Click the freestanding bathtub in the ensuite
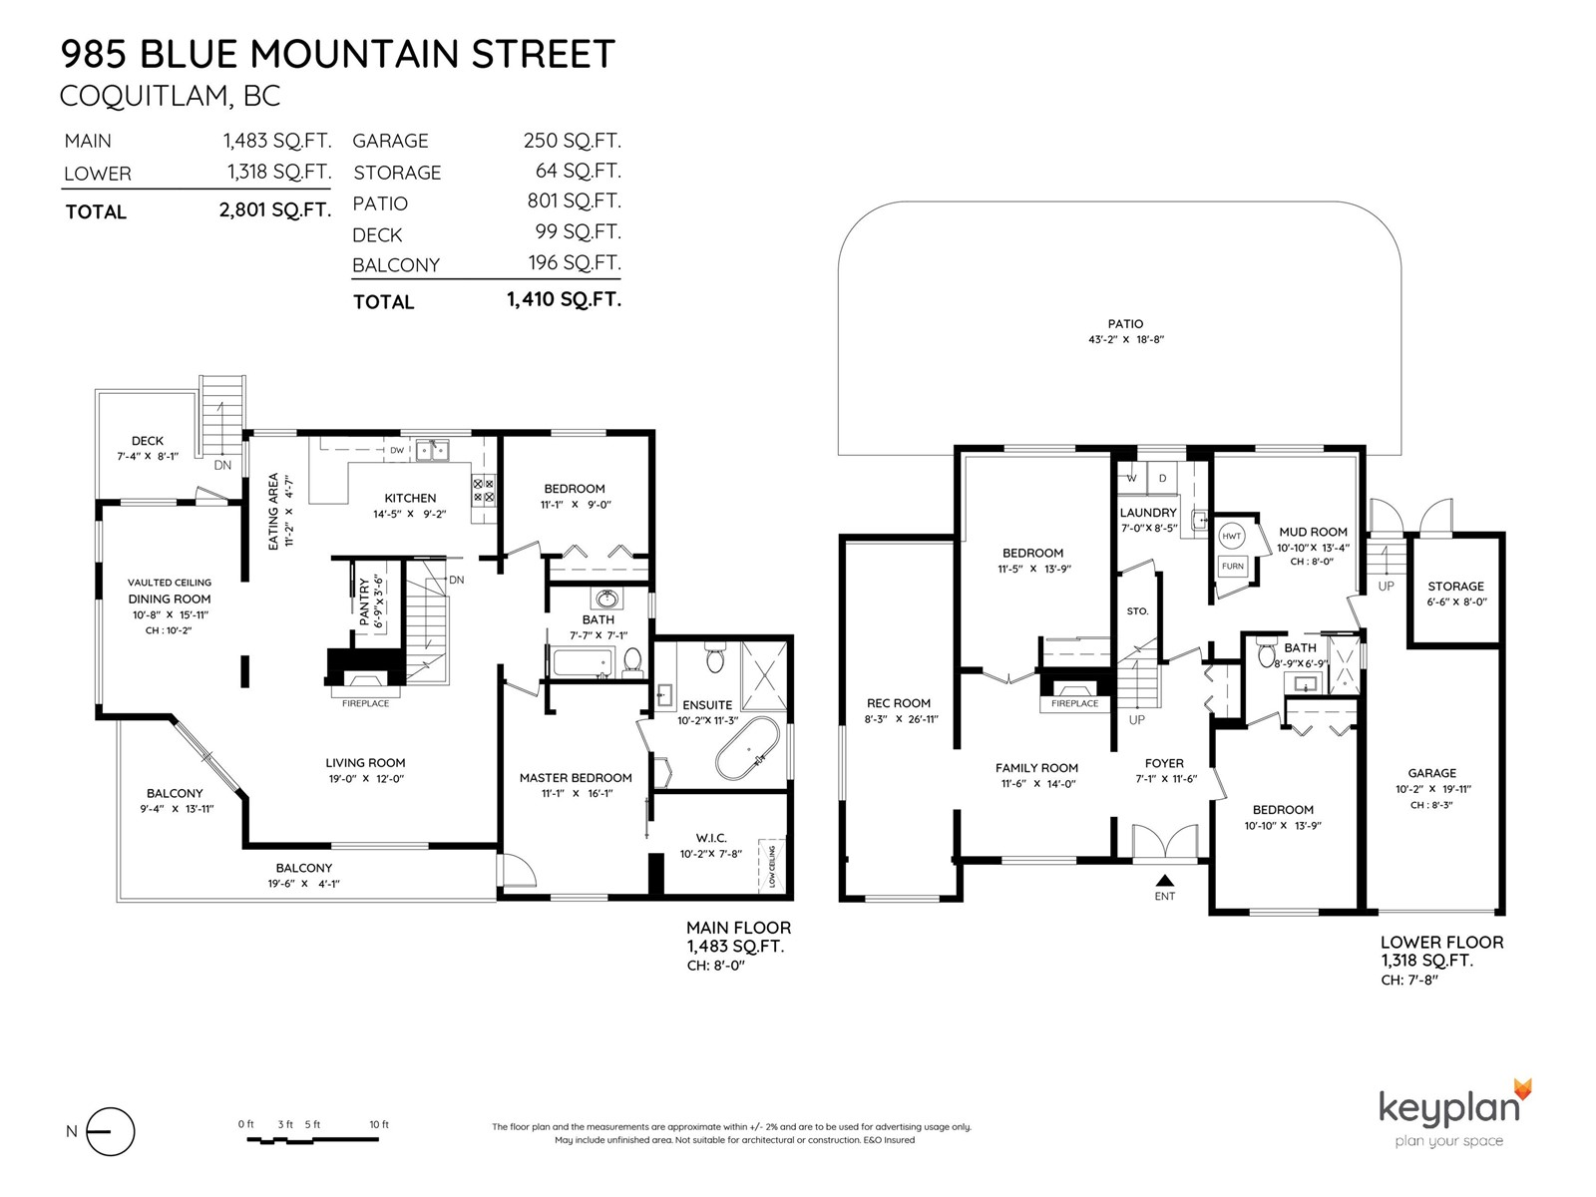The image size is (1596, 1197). click(748, 749)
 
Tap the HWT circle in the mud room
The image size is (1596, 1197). click(1231, 537)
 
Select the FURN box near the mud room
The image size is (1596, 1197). click(1233, 566)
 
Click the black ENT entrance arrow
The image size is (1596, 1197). click(1165, 880)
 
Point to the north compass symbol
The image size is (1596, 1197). click(110, 1131)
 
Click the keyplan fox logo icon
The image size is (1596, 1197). click(1522, 1091)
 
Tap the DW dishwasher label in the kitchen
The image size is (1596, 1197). click(396, 450)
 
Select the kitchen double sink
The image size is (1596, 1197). click(432, 449)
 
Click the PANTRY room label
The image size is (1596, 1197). click(364, 601)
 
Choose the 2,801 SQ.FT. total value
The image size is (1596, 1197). click(275, 210)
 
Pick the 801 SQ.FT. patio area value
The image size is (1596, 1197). click(574, 200)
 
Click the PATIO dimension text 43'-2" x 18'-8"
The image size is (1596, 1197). click(1125, 339)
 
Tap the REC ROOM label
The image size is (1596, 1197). click(898, 703)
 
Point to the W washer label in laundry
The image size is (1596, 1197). click(1131, 478)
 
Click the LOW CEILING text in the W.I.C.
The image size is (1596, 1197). click(771, 866)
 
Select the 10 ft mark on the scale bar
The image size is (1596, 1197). click(379, 1124)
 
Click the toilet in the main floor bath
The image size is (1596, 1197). click(631, 660)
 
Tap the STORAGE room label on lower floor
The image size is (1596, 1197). click(1455, 586)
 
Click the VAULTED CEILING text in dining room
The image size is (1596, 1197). click(170, 583)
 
